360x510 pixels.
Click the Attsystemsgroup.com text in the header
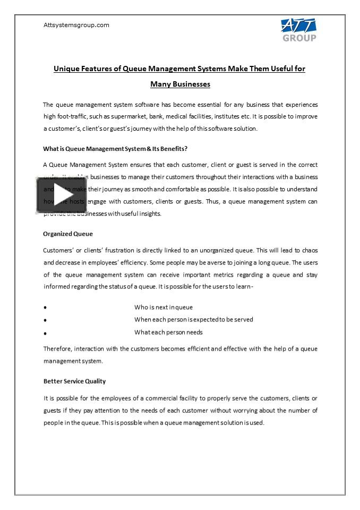click(76, 25)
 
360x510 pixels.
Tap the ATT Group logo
click(298, 30)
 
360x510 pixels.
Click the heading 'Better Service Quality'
click(74, 381)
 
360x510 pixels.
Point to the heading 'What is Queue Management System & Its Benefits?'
click(115, 149)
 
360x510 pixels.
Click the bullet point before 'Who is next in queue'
click(45, 308)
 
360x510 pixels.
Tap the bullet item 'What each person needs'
click(168, 332)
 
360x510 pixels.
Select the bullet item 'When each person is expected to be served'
click(193, 319)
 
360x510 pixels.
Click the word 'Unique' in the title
click(66, 69)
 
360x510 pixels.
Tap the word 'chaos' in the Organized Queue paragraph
click(310, 250)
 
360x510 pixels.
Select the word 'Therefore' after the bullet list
click(58, 348)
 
